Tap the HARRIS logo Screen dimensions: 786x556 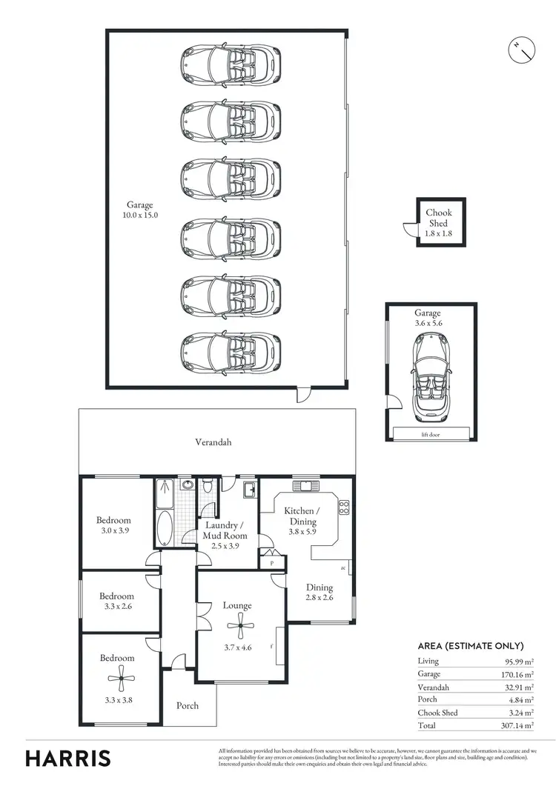68,758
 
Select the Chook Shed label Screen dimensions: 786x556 438,217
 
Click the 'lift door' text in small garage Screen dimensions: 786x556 429,435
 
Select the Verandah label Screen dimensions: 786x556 214,442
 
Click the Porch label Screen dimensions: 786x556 188,705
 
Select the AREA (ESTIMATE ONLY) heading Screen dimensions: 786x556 471,646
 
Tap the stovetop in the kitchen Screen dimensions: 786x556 344,507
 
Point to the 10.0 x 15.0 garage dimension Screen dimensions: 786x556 141,215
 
